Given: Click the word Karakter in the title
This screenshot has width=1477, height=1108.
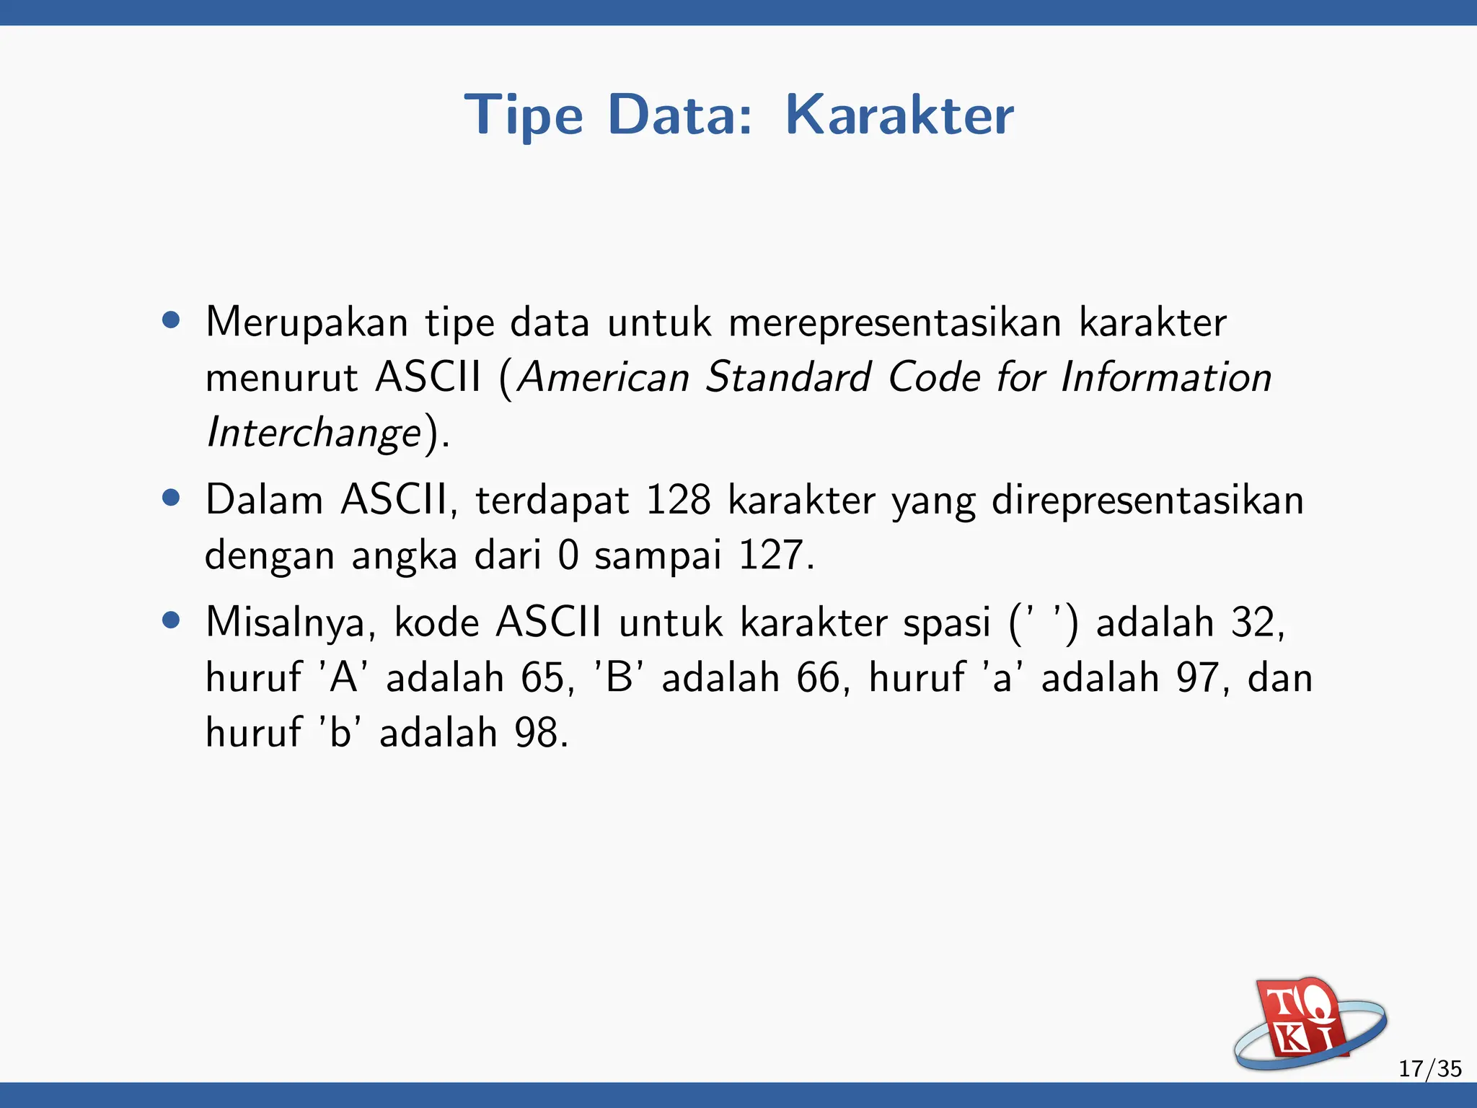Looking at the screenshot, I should (899, 115).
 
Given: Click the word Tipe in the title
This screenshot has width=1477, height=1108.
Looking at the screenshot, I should (524, 115).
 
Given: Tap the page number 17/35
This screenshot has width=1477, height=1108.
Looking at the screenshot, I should (1429, 1068).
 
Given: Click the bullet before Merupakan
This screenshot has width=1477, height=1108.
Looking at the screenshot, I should (171, 320).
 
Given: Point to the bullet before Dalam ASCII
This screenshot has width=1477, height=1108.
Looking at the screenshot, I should (171, 498).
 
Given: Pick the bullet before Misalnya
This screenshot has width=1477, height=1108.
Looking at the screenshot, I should (171, 620).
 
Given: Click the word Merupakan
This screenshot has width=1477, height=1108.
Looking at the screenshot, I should (307, 322).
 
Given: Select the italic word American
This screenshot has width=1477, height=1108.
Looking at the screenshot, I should (604, 377).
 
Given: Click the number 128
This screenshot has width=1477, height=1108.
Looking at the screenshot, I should (678, 500).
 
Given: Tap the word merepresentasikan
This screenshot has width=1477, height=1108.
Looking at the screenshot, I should (894, 322).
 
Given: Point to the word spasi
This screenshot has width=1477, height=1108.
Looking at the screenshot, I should (947, 623).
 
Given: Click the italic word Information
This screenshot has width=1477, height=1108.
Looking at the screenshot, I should (1165, 377).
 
